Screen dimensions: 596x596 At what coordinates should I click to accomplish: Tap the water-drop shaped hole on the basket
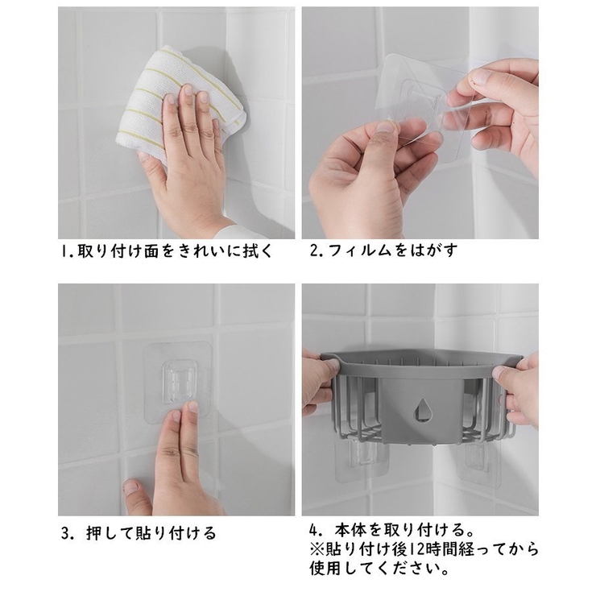point(421,409)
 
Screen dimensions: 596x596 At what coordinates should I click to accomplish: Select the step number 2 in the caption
point(314,250)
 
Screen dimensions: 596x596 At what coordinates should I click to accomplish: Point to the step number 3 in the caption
point(66,533)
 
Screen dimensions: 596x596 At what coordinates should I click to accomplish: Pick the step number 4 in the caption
point(313,530)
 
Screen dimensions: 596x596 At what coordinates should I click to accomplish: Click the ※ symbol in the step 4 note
point(316,549)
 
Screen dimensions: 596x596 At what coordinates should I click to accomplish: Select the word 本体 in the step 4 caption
point(351,530)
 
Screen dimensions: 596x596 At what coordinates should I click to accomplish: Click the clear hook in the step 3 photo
point(179,381)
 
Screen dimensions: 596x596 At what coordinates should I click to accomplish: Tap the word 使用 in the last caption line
point(325,569)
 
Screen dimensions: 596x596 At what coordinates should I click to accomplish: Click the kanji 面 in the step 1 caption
point(151,251)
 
